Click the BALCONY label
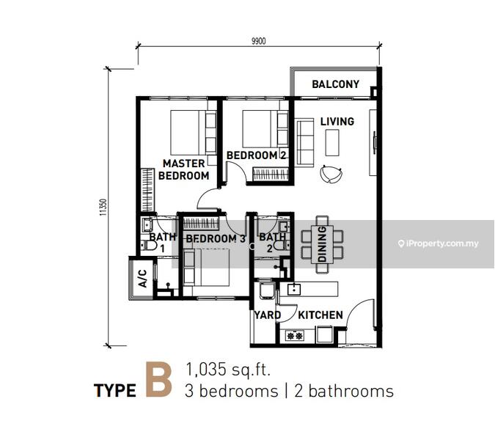pyautogui.click(x=336, y=84)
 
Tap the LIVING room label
pyautogui.click(x=337, y=122)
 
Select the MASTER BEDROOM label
pyautogui.click(x=184, y=169)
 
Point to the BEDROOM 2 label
pyautogui.click(x=257, y=155)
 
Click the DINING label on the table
pyautogui.click(x=322, y=244)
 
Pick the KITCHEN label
pyautogui.click(x=320, y=315)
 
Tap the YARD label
pyautogui.click(x=268, y=315)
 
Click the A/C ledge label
pyautogui.click(x=143, y=279)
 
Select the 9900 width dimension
pyautogui.click(x=259, y=41)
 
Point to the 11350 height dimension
pyautogui.click(x=103, y=207)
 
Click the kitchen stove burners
pyautogui.click(x=295, y=336)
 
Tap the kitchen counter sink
pyautogui.click(x=294, y=289)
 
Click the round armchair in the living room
pyautogui.click(x=331, y=175)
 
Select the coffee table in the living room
pyautogui.click(x=332, y=142)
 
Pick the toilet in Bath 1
pyautogui.click(x=148, y=245)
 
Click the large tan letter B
pyautogui.click(x=159, y=380)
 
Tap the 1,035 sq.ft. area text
pyautogui.click(x=228, y=370)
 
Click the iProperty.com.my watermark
pyautogui.click(x=439, y=243)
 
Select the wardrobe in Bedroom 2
pyautogui.click(x=271, y=175)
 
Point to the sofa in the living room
pyautogui.click(x=304, y=142)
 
